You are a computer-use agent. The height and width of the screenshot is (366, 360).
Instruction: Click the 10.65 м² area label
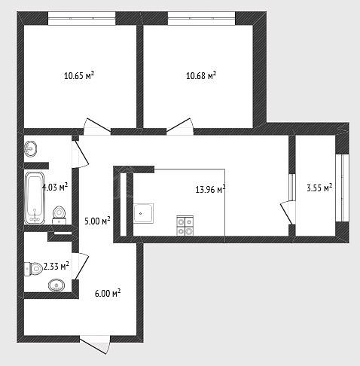click(79, 75)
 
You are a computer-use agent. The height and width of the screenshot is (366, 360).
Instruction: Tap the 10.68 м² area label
click(201, 75)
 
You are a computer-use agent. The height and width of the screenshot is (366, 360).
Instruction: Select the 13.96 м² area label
click(210, 189)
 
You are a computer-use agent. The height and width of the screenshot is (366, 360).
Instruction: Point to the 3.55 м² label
click(319, 188)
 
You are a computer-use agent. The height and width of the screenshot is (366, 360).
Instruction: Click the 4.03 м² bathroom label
click(55, 187)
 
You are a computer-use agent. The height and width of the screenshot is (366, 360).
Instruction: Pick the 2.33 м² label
click(56, 266)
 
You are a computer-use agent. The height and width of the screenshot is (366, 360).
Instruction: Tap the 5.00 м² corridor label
click(97, 221)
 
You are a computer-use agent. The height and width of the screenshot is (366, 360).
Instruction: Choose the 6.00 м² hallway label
click(108, 293)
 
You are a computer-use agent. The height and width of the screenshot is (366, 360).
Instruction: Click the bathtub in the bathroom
click(35, 198)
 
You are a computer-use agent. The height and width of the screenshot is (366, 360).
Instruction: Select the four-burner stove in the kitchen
click(185, 226)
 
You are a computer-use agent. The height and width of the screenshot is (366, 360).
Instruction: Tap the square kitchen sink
click(143, 213)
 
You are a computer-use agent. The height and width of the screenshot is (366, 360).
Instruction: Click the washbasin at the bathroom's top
click(31, 148)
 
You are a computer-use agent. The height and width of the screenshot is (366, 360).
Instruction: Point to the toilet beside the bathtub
click(59, 215)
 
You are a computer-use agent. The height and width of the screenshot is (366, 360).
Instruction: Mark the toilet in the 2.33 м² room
click(34, 269)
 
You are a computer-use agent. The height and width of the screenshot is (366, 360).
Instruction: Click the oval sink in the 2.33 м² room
click(56, 285)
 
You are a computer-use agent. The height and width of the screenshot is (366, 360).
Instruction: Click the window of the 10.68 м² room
click(202, 18)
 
